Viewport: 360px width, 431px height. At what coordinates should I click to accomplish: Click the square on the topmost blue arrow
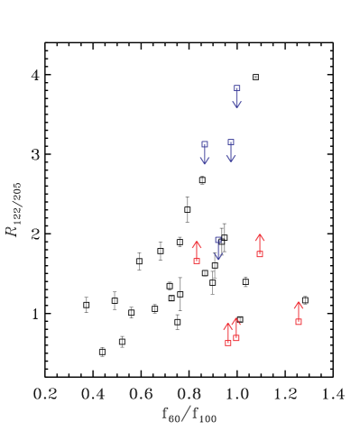[236, 88]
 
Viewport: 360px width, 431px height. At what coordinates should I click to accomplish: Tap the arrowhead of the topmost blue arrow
[236, 105]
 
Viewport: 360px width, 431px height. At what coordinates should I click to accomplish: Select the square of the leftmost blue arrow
[205, 144]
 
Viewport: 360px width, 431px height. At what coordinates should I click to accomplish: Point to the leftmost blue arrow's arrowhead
[205, 161]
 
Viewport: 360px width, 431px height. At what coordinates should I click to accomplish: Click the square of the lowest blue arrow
[217, 240]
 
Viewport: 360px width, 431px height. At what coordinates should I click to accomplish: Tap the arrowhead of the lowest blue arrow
[217, 257]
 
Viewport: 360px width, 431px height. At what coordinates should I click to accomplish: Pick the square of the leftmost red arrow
[197, 261]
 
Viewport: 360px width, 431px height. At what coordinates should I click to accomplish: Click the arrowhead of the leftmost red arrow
[197, 243]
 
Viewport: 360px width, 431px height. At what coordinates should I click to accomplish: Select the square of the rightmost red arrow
[299, 321]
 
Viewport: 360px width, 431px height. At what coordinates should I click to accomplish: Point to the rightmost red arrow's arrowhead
[299, 304]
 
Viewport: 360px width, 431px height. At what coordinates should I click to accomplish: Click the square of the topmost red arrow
[260, 254]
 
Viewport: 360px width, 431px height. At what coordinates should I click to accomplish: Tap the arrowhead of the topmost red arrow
[260, 236]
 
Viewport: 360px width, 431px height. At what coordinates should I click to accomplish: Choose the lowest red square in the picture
[228, 343]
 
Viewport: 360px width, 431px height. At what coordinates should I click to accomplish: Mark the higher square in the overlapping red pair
[236, 338]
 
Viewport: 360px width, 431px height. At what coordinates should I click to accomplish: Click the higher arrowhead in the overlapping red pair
[236, 320]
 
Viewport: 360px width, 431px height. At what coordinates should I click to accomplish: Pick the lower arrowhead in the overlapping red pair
[227, 326]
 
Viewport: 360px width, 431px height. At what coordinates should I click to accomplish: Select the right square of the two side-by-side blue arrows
[231, 142]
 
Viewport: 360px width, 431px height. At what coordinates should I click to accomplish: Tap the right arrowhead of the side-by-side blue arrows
[231, 160]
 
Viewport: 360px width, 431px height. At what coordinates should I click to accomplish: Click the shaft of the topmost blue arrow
[236, 96]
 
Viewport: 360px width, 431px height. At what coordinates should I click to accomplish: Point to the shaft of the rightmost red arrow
[299, 312]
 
